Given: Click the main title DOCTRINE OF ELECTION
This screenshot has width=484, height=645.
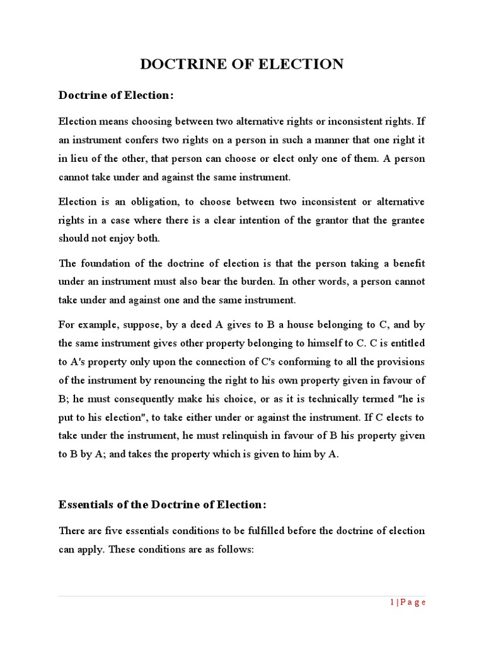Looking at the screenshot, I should [x=241, y=64].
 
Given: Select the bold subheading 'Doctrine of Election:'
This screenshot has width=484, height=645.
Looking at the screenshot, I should [x=115, y=95].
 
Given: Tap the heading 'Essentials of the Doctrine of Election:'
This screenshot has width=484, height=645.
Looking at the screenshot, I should [x=163, y=505].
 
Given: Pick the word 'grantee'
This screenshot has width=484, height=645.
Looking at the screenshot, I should [x=408, y=220].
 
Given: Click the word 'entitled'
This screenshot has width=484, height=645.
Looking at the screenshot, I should [x=406, y=343].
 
